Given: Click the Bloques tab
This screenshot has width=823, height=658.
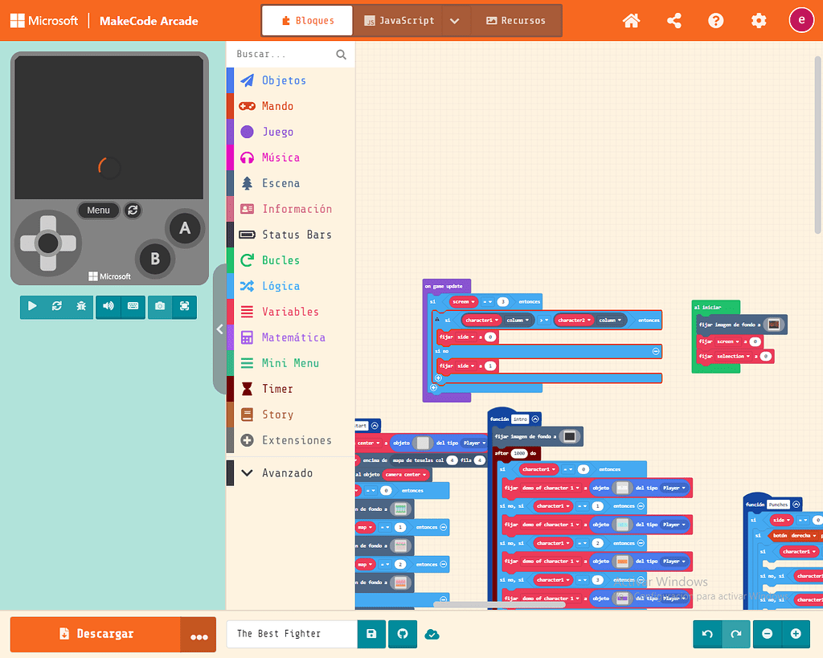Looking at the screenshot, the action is [307, 21].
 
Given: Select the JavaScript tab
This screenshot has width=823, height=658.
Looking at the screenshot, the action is [399, 21].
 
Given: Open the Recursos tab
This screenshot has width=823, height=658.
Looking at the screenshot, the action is [516, 21].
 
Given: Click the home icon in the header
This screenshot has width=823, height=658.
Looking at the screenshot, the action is [632, 21].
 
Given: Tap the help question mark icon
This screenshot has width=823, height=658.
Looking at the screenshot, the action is [716, 21].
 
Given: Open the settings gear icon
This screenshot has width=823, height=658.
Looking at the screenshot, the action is [759, 21].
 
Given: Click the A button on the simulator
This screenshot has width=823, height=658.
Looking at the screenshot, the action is [185, 228].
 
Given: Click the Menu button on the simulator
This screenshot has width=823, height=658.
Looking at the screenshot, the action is [98, 210].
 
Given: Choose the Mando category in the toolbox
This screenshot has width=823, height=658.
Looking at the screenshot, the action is [277, 106].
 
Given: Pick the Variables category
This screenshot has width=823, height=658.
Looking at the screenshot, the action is [290, 312].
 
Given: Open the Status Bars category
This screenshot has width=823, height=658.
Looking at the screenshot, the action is [297, 235].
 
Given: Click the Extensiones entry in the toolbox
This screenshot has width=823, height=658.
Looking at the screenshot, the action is [297, 440].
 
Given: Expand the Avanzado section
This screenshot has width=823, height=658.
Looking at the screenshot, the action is [287, 473].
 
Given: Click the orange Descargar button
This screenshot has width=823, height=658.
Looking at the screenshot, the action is [96, 634].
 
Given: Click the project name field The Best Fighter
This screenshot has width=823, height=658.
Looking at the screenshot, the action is [291, 634].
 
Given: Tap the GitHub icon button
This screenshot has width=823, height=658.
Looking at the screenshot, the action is [403, 634].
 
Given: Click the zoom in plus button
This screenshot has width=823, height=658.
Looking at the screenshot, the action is [796, 634].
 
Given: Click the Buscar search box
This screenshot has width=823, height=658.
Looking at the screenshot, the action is [283, 55].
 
